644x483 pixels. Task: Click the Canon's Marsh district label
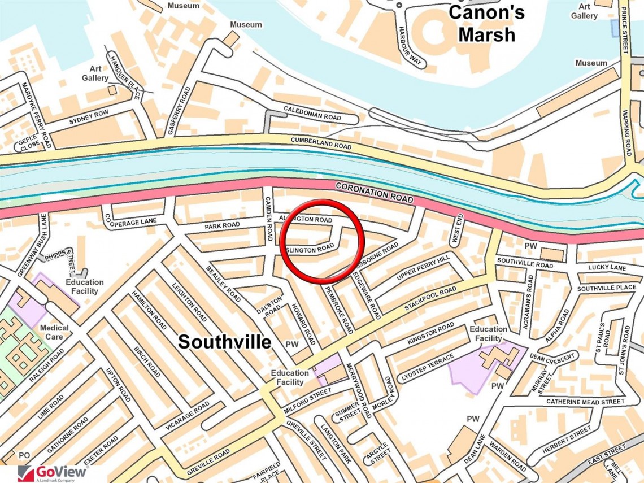[x=486, y=24]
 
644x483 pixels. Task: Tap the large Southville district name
[x=225, y=341]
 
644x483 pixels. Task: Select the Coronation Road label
[x=375, y=193]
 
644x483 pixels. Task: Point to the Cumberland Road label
[x=321, y=142]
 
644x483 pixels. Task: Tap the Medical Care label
[x=55, y=332]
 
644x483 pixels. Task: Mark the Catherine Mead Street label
[x=585, y=402]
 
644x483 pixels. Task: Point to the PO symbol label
[x=24, y=455]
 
